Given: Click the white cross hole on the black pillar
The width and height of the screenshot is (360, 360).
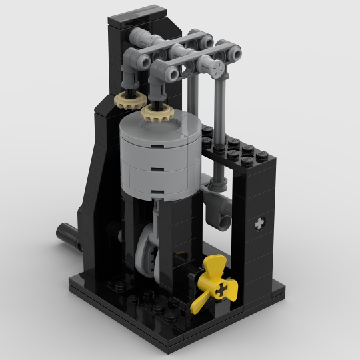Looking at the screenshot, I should [x=259, y=223].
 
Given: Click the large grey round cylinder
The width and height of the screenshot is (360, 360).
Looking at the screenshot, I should [x=159, y=157].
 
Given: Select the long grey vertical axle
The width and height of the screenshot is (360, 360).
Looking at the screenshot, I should [x=219, y=127].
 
